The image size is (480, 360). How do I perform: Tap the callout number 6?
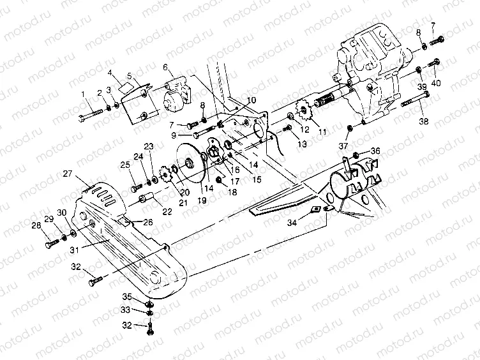165,68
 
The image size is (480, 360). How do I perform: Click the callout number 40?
437,83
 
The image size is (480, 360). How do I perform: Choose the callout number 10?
251,100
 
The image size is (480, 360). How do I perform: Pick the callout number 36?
375,151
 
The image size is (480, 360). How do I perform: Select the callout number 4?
110,73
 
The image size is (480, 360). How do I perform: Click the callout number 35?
127,297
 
